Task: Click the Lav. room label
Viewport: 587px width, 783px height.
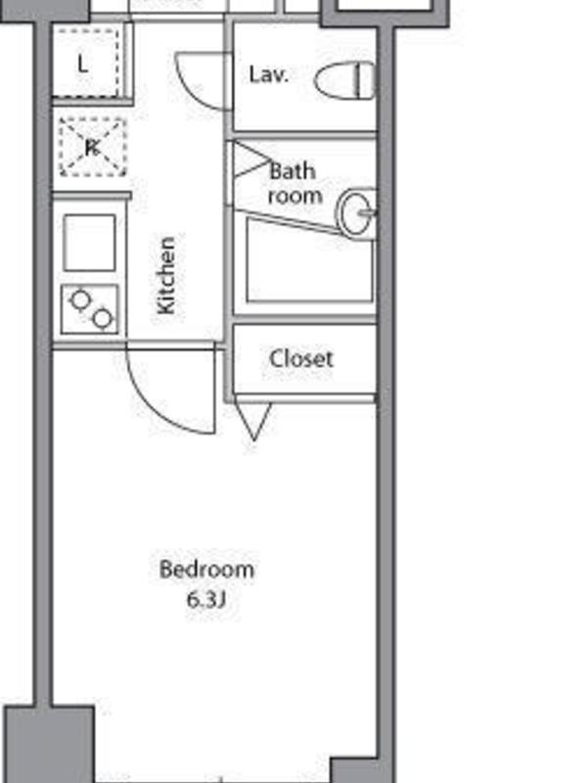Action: (268, 75)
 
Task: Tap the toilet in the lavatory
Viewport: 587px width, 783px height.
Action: (345, 80)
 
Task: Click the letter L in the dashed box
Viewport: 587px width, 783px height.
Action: (83, 64)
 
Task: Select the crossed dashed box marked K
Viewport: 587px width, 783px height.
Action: (92, 147)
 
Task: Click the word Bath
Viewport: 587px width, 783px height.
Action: (293, 171)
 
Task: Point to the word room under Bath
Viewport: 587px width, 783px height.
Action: (294, 196)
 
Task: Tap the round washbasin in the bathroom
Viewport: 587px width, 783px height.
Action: (356, 212)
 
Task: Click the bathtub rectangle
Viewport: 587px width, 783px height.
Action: (310, 260)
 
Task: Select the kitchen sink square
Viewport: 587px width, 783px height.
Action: (90, 243)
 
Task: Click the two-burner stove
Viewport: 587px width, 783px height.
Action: (90, 309)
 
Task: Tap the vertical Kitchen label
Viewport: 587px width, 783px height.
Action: (166, 276)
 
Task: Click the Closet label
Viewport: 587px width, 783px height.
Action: (301, 358)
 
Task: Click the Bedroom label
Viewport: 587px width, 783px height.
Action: (206, 570)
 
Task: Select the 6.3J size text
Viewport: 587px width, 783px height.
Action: (206, 599)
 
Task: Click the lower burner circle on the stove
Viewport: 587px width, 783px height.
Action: (103, 319)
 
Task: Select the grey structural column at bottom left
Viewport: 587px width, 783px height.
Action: (49, 744)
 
